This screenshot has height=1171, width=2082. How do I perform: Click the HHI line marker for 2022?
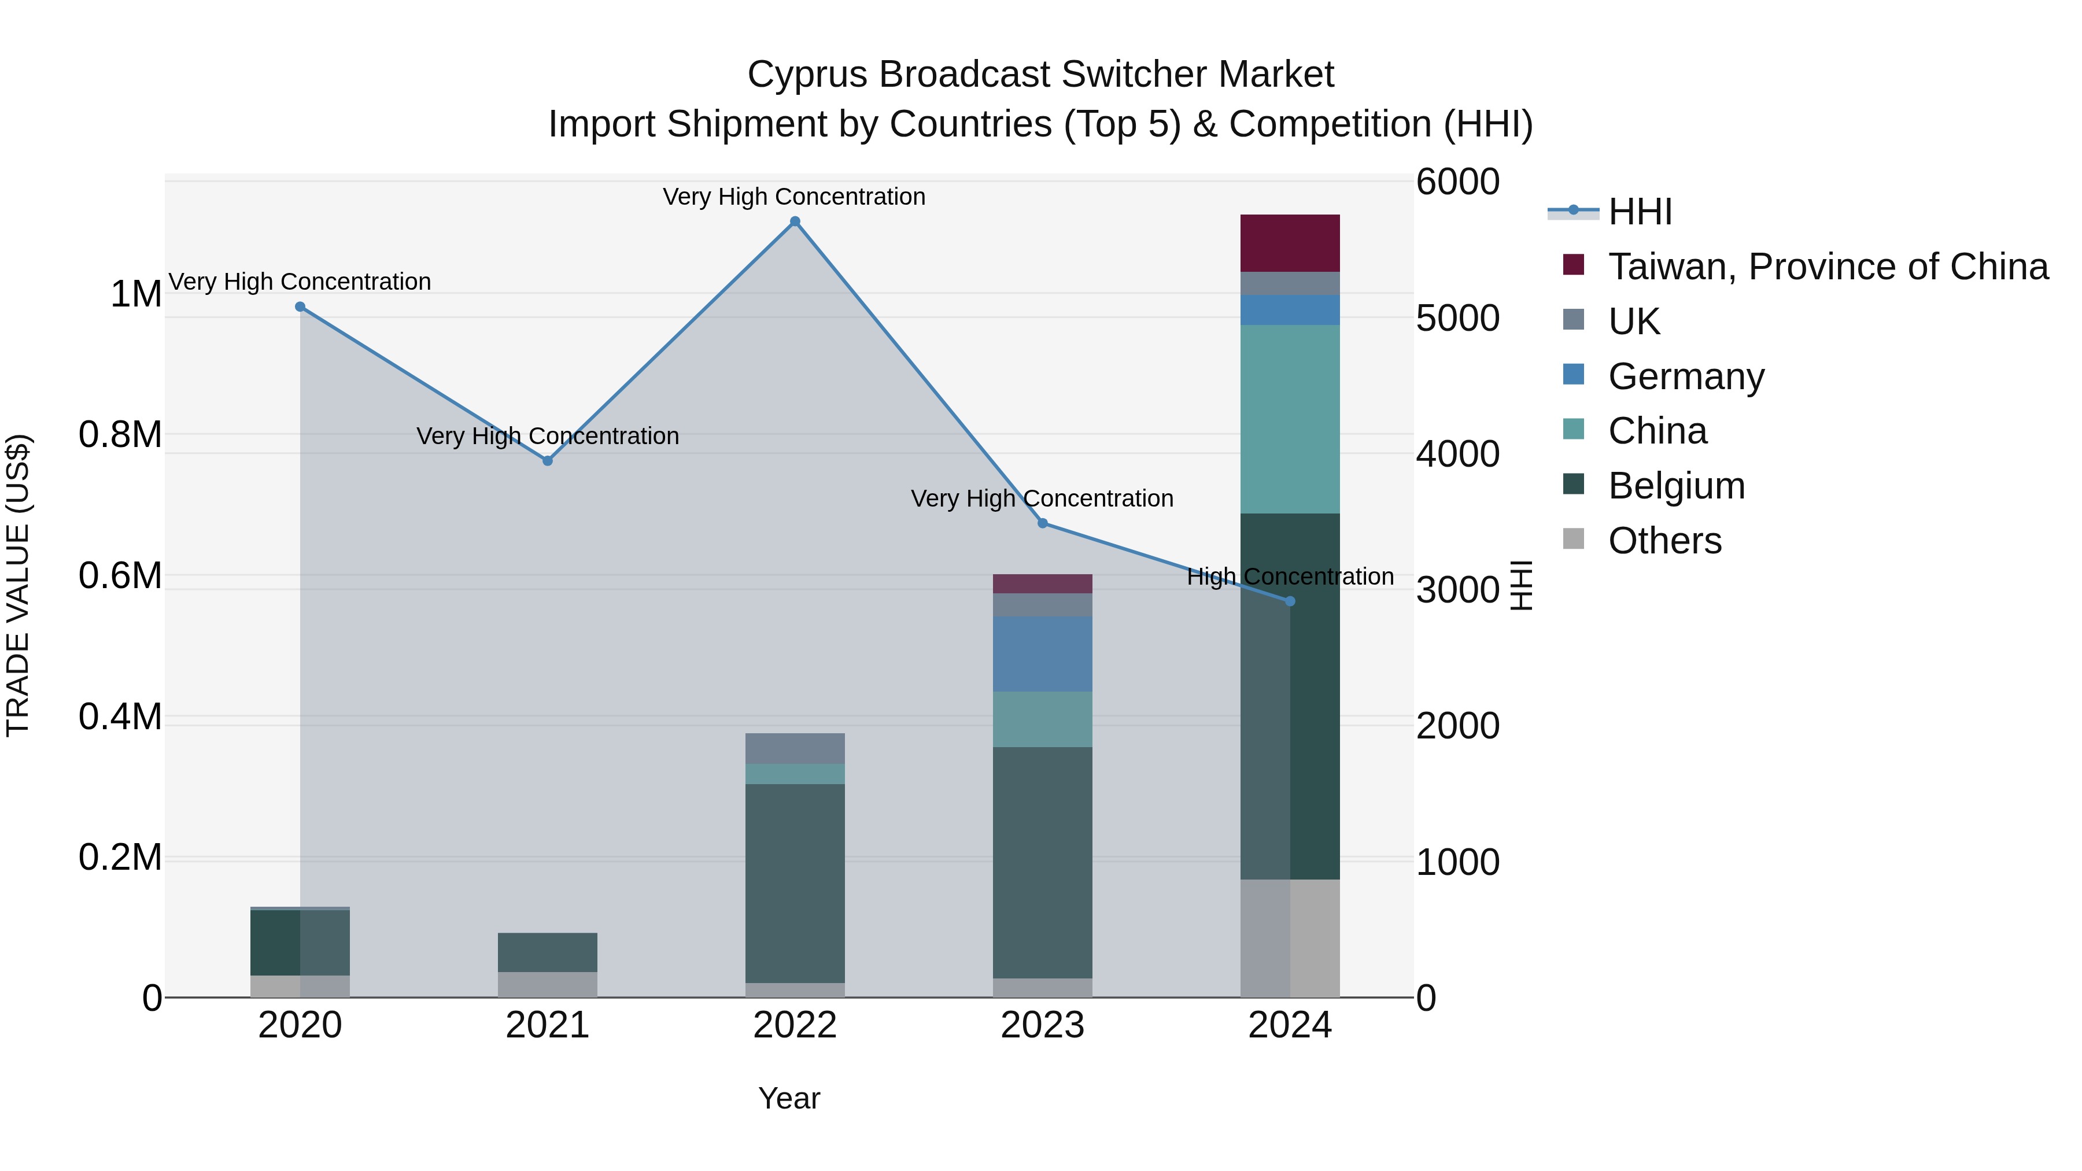pyautogui.click(x=795, y=221)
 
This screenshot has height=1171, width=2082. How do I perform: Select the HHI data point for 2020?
pyautogui.click(x=300, y=307)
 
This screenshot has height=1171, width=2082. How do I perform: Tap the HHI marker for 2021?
pyautogui.click(x=547, y=461)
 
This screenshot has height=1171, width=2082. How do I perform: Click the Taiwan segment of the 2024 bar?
pyautogui.click(x=1290, y=242)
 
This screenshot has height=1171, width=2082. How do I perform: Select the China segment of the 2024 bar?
pyautogui.click(x=1290, y=419)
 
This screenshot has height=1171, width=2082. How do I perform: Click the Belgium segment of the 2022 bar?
pyautogui.click(x=795, y=882)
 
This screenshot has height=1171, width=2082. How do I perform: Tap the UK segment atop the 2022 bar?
pyautogui.click(x=795, y=748)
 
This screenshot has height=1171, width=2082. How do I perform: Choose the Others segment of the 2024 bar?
pyautogui.click(x=1290, y=937)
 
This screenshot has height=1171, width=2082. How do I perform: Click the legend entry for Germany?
pyautogui.click(x=1685, y=376)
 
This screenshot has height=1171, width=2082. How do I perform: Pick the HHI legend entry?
pyautogui.click(x=1639, y=212)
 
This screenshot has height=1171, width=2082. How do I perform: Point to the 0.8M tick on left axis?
pyautogui.click(x=120, y=435)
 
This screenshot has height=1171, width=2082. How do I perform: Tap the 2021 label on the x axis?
pyautogui.click(x=547, y=1025)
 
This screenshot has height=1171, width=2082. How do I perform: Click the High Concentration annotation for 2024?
pyautogui.click(x=1290, y=577)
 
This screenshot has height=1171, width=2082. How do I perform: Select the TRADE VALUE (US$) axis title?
pyautogui.click(x=19, y=585)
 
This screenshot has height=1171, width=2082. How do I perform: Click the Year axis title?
pyautogui.click(x=789, y=1098)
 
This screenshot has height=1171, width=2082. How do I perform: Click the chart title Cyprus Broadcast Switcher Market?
pyautogui.click(x=1040, y=75)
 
